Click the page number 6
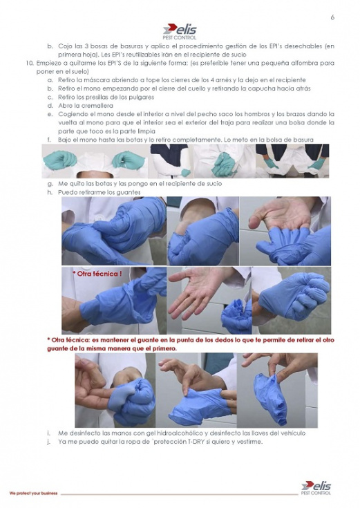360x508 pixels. [x=332, y=17]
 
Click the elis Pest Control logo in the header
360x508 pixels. [x=180, y=31]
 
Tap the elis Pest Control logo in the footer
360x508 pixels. [x=316, y=488]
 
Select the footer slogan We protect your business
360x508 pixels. [x=33, y=493]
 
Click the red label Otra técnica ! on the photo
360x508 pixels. [x=97, y=274]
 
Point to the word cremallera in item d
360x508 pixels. [x=97, y=106]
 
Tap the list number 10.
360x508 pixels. [x=30, y=63]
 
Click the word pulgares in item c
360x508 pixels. [x=142, y=97]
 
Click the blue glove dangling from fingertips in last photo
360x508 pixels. [x=271, y=398]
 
